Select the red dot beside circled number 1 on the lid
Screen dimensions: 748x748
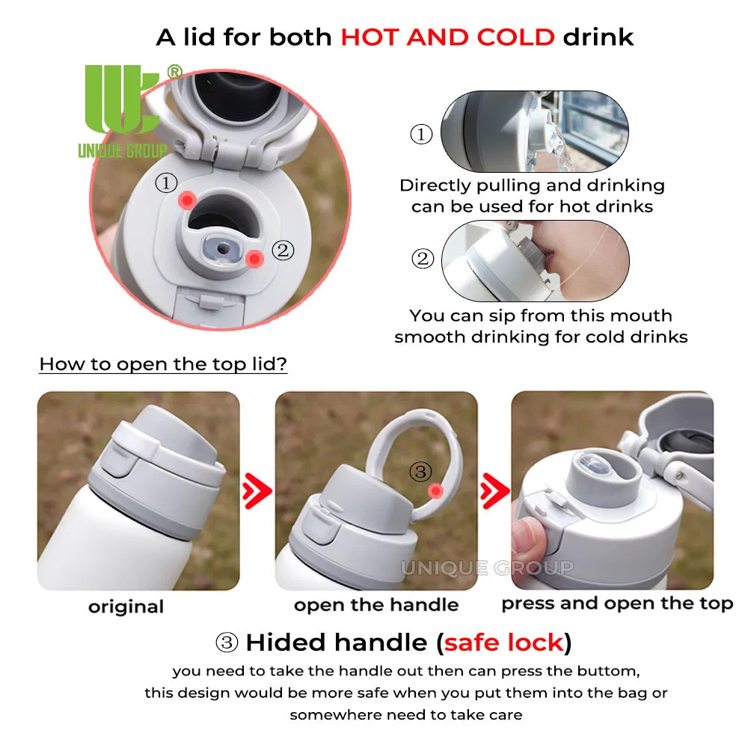point(187,200)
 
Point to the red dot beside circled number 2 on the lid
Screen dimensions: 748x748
point(254,259)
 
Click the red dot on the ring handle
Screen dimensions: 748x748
point(435,491)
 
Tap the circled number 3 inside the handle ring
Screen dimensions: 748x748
point(420,471)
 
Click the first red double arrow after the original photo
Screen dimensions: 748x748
point(257,491)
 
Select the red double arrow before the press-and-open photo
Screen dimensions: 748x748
point(494,491)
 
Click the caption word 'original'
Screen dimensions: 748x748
point(126,607)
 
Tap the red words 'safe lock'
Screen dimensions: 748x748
point(503,643)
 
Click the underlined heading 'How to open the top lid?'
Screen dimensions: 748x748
point(163,364)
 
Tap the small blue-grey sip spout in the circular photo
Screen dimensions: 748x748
point(222,249)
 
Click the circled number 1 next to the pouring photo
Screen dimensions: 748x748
point(421,134)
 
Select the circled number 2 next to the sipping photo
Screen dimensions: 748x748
point(423,259)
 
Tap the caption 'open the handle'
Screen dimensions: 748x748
point(376,605)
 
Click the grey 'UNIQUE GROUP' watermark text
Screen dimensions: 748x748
point(487,568)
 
